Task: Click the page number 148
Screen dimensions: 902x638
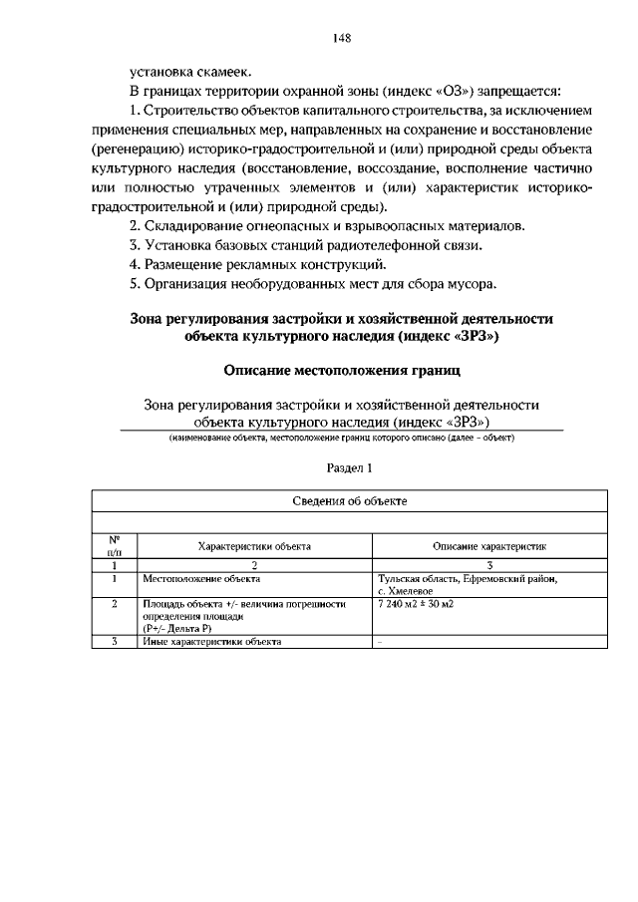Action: (x=342, y=39)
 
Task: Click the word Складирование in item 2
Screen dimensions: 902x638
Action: (x=194, y=227)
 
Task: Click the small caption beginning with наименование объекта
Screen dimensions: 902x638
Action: (x=341, y=438)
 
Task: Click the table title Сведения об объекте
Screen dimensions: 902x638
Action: (x=349, y=500)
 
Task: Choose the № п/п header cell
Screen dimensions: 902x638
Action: (x=115, y=544)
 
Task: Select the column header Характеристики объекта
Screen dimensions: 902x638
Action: (x=254, y=546)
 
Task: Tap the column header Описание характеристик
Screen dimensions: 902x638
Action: (x=488, y=546)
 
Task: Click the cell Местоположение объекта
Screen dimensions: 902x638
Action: (x=193, y=578)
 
